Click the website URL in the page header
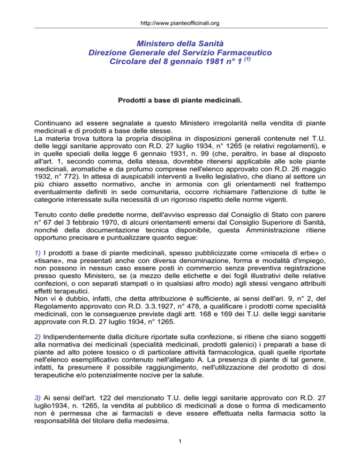tap(180, 22)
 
